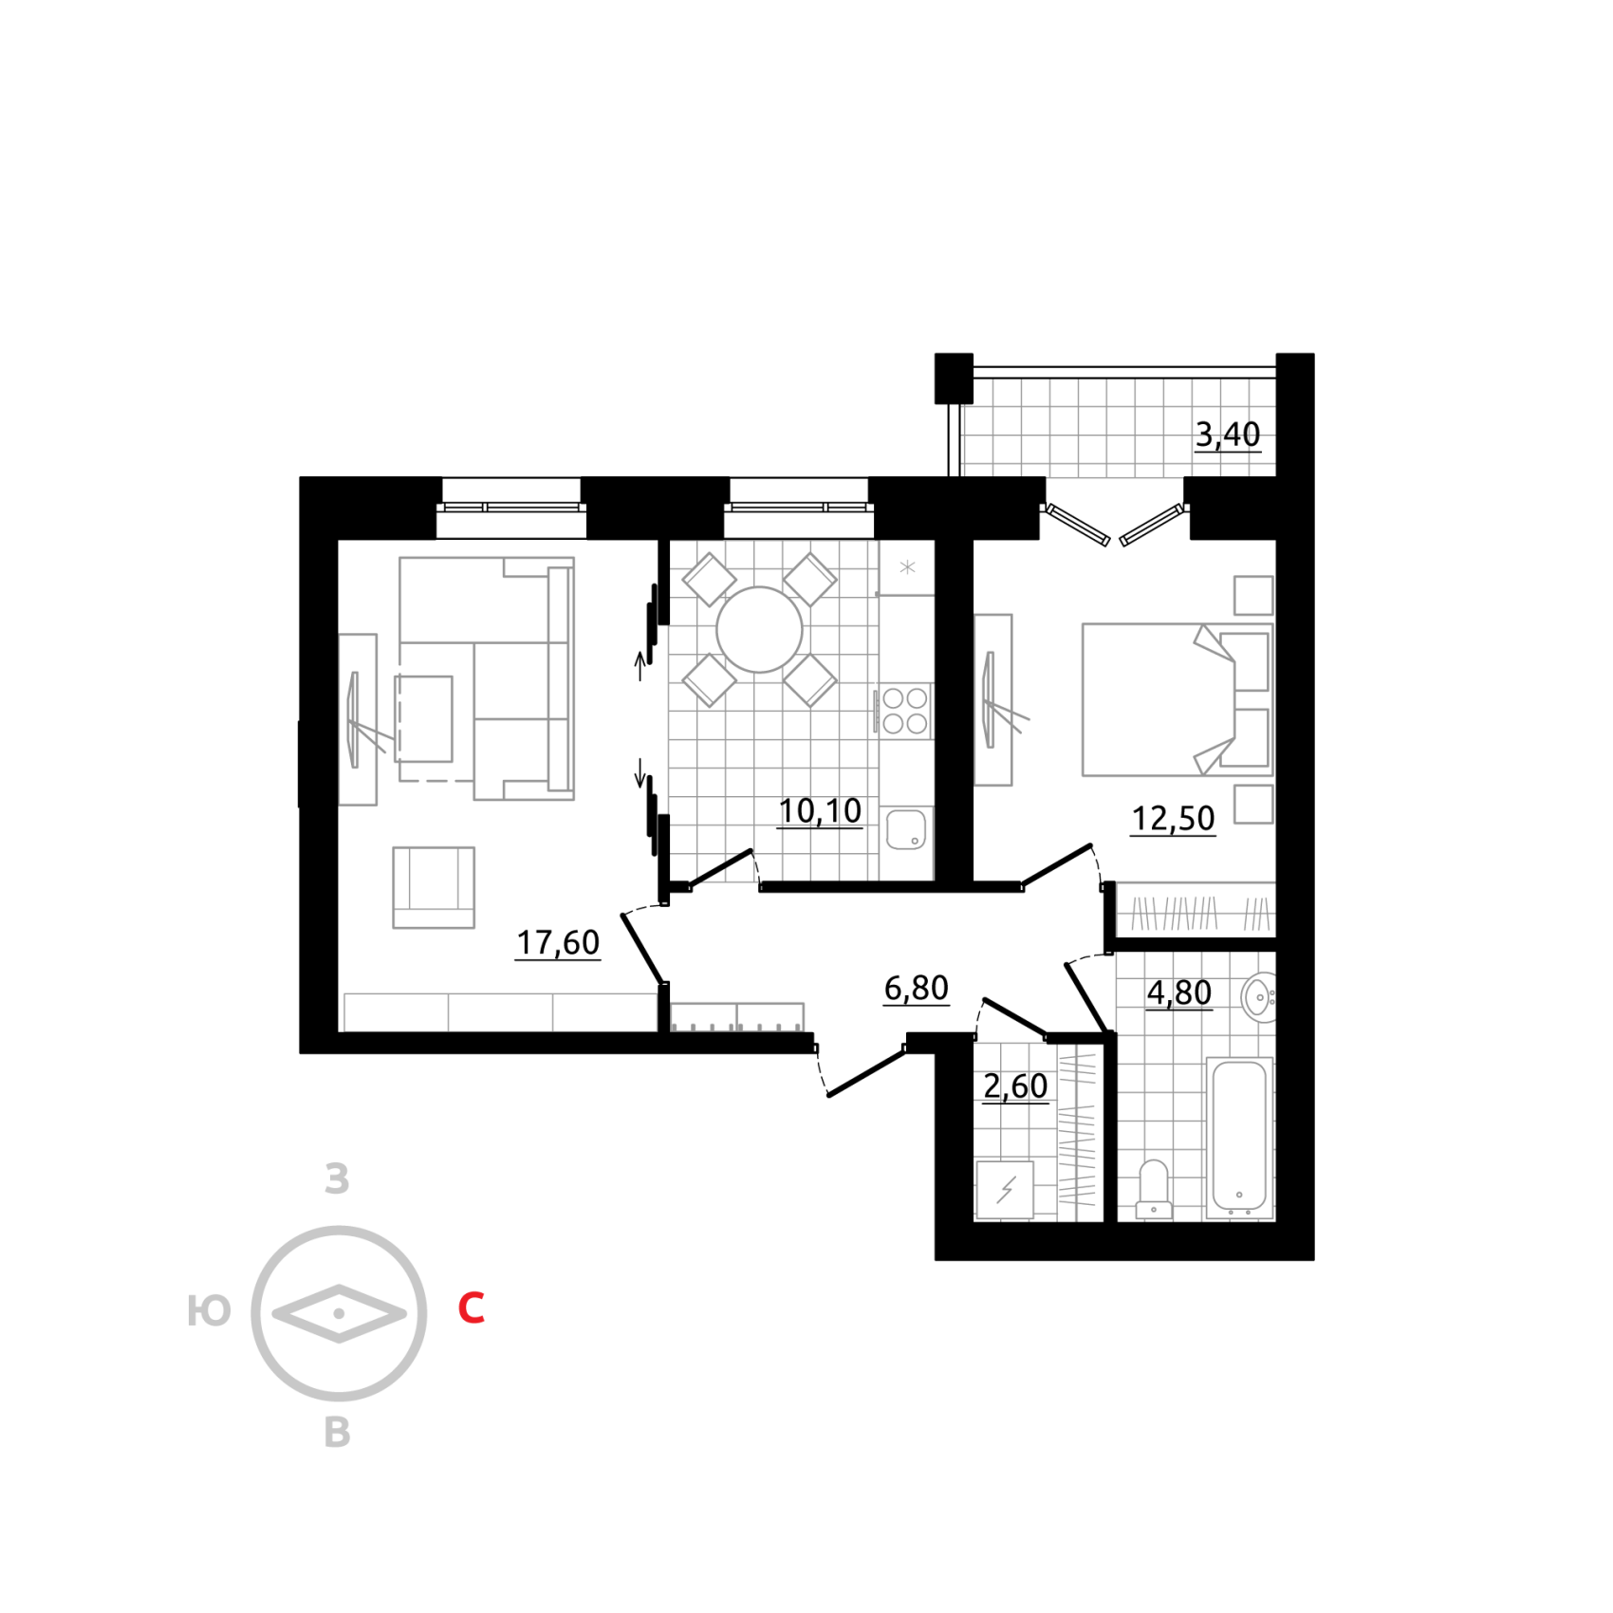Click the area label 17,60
(x=558, y=942)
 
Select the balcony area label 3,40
(x=1228, y=435)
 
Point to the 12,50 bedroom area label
(x=1173, y=818)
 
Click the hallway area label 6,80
(x=917, y=989)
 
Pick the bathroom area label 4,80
(x=1179, y=992)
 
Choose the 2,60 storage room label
(x=1015, y=1085)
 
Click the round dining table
(x=759, y=630)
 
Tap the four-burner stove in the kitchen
(x=903, y=711)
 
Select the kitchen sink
(x=906, y=829)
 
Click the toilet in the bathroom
(x=1154, y=1188)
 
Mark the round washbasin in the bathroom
(x=1258, y=997)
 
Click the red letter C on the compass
(x=472, y=1307)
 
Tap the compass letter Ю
(x=209, y=1311)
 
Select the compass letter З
(x=337, y=1178)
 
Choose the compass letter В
(x=337, y=1433)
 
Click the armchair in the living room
(x=434, y=887)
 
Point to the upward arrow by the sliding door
(x=640, y=666)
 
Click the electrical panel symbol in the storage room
(x=1005, y=1190)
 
